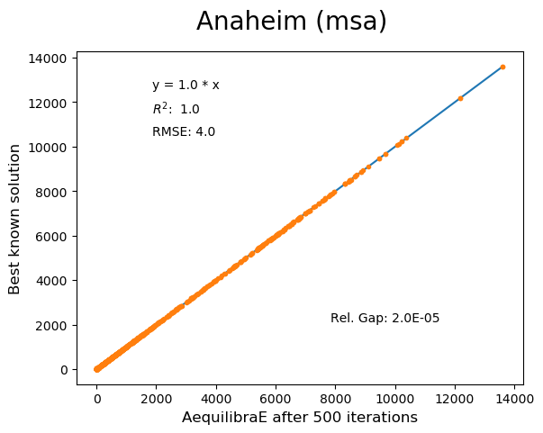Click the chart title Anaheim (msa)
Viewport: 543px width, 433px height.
coord(292,22)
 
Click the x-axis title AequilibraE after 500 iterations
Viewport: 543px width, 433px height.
coord(300,418)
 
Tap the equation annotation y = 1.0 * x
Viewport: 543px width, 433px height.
coord(186,86)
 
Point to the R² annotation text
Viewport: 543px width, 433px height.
coord(176,109)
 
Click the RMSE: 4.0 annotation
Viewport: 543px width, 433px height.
coord(184,132)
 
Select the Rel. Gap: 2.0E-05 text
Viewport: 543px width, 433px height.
coord(385,319)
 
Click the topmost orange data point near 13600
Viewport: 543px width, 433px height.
coord(502,67)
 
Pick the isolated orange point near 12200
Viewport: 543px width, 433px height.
coord(460,98)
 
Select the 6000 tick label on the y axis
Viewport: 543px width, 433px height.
coord(53,236)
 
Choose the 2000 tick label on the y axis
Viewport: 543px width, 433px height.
coord(53,325)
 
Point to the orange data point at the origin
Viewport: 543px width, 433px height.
coord(97,369)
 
